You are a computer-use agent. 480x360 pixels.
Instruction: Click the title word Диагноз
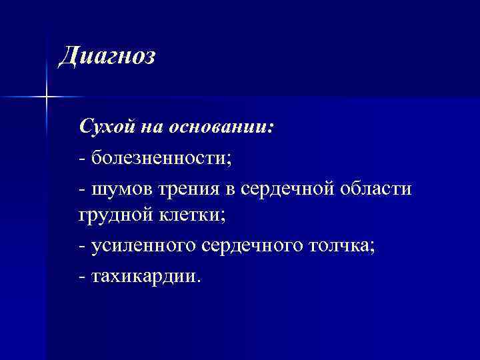pos(107,57)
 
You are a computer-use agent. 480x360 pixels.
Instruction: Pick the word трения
pos(189,190)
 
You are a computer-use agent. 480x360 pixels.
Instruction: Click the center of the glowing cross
pos(46,97)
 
